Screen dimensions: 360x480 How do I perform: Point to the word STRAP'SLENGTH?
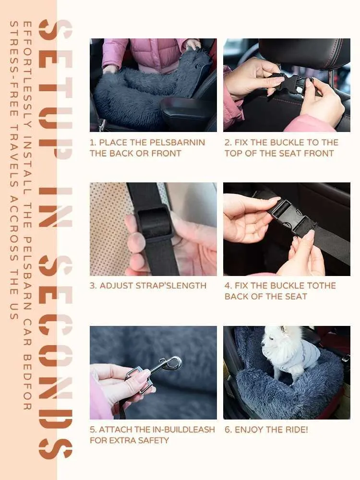[x=171, y=286]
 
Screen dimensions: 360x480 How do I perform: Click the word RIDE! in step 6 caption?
[x=296, y=430]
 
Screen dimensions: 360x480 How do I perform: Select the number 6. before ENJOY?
[x=228, y=430]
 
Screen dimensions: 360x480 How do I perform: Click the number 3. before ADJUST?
[x=93, y=286]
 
